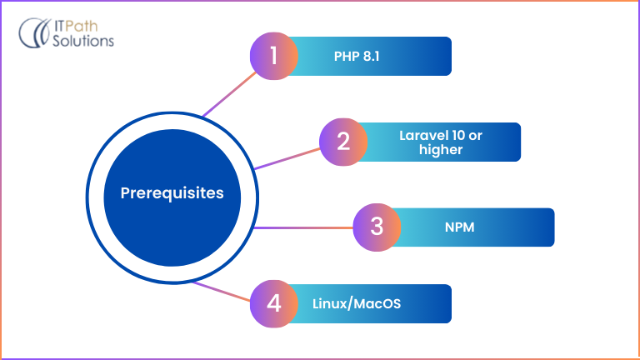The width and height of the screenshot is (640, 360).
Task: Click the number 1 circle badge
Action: [274, 57]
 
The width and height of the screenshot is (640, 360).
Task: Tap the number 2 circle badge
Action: [344, 142]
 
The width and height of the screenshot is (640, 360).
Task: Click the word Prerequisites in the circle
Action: [172, 193]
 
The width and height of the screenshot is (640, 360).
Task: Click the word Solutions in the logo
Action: [84, 42]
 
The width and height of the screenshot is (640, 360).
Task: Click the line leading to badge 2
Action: [287, 158]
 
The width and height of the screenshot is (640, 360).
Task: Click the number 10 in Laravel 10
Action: [469, 135]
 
